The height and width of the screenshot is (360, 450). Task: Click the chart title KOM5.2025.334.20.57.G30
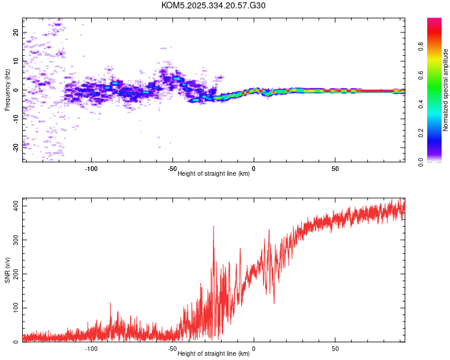pos(214,5)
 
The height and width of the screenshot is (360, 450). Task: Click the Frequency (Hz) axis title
pos(7,91)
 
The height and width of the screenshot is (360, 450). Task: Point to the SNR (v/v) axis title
pos(7,271)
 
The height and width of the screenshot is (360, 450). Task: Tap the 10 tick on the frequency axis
pos(16,61)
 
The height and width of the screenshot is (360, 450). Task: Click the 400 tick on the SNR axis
pos(14,206)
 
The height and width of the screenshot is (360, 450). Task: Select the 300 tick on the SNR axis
pos(14,240)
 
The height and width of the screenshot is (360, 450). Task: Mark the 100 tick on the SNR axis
pos(14,308)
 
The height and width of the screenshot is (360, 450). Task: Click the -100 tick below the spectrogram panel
pos(91,169)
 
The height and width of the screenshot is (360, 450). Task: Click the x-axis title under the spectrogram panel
pos(214,174)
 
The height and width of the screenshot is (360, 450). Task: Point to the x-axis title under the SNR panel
pos(214,354)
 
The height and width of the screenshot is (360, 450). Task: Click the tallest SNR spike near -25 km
pos(213,227)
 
